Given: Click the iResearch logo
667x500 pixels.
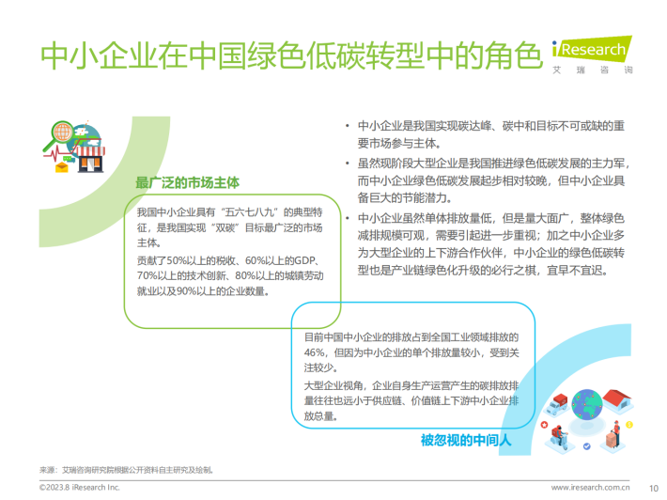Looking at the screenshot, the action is (x=592, y=55).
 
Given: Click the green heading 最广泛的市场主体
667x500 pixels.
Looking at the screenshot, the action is (x=187, y=182).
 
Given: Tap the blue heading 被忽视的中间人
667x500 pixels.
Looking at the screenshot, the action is (x=466, y=440).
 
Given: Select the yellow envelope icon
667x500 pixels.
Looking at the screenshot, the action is (x=62, y=166).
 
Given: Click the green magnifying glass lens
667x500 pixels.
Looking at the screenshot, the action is (x=63, y=132).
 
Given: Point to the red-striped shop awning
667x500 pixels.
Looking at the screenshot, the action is (x=89, y=151).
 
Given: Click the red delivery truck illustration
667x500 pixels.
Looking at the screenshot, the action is (x=556, y=404).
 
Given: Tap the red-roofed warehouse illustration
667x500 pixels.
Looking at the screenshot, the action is (x=618, y=400).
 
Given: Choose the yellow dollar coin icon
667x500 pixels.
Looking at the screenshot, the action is (x=629, y=425).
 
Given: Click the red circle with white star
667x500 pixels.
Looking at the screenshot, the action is (x=544, y=425).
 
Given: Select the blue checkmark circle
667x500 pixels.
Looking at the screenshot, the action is (x=587, y=446).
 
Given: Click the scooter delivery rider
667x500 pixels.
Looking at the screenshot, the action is (x=559, y=438).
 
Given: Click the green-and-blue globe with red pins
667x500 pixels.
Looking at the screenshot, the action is (x=586, y=405).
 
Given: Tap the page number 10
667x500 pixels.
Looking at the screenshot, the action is (x=654, y=488).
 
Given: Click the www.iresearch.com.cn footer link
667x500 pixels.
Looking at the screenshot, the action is (x=590, y=487).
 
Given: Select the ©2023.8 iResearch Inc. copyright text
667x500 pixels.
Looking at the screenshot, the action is (x=80, y=487).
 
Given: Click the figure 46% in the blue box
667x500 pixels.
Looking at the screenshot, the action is (x=315, y=352).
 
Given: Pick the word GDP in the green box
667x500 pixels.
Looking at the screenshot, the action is (x=305, y=260).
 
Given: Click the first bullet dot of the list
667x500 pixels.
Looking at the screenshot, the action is (x=348, y=126).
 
